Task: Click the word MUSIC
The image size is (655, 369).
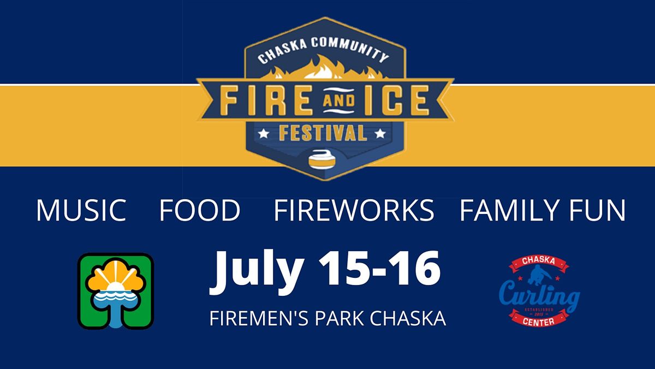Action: pyautogui.click(x=81, y=210)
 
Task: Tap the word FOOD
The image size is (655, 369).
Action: pyautogui.click(x=200, y=210)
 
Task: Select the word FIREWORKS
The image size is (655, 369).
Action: pyautogui.click(x=354, y=210)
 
